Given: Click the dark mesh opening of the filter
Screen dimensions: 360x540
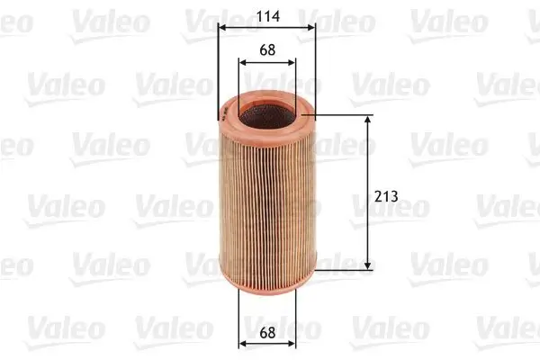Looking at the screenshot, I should (x=266, y=112).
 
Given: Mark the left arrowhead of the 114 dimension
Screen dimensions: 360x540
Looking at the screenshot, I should (x=221, y=27).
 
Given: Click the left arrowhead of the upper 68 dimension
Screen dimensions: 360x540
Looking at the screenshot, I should (x=242, y=62).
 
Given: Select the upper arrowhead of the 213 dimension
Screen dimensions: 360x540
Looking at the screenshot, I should (x=368, y=120).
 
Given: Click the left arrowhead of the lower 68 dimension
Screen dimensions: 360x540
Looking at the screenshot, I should (x=242, y=344).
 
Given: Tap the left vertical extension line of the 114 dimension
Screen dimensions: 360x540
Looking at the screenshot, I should (x=218, y=72).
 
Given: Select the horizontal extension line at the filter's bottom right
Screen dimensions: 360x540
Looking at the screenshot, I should (x=346, y=269).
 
